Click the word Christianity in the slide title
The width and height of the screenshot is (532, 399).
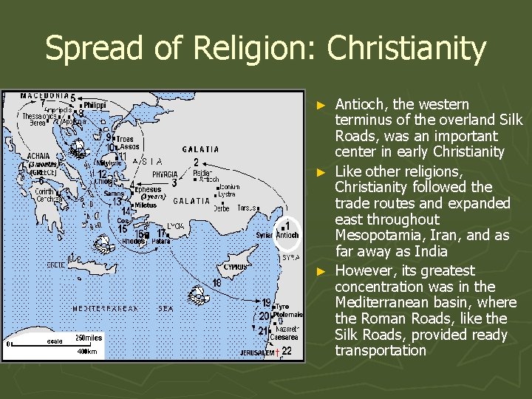coord(406,50)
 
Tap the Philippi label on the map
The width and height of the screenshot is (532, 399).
coord(95,106)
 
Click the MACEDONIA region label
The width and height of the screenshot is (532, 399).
coord(44,95)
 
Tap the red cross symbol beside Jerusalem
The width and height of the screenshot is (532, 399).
coord(276,354)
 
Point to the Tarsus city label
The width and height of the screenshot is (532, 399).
coord(245,208)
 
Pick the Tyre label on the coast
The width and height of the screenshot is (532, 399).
coord(282,306)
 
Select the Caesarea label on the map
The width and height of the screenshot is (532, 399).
coord(284,336)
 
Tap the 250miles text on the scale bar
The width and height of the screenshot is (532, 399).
coord(88,338)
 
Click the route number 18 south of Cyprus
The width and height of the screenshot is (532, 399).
coord(216,283)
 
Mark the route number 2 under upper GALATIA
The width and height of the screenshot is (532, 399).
coord(195,162)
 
